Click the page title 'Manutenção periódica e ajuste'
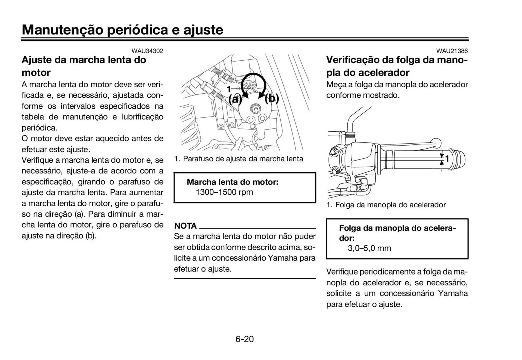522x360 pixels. click(122, 30)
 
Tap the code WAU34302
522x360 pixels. click(147, 51)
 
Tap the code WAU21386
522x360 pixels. click(452, 51)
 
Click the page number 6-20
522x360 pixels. click(244, 339)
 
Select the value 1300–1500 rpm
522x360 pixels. click(224, 192)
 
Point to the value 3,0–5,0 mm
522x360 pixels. click(369, 248)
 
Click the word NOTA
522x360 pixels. click(185, 226)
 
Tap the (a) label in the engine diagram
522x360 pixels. click(235, 99)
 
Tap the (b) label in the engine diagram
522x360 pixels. click(272, 99)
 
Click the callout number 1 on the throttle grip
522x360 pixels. click(447, 159)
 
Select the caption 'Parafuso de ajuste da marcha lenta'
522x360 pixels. click(243, 159)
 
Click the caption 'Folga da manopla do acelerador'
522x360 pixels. click(390, 205)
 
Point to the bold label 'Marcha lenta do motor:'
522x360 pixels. click(232, 182)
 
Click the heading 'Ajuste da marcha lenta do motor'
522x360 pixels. click(84, 66)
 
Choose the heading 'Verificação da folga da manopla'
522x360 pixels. click(397, 66)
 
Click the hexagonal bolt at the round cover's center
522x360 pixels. click(256, 109)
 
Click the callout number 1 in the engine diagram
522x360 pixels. click(229, 89)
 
